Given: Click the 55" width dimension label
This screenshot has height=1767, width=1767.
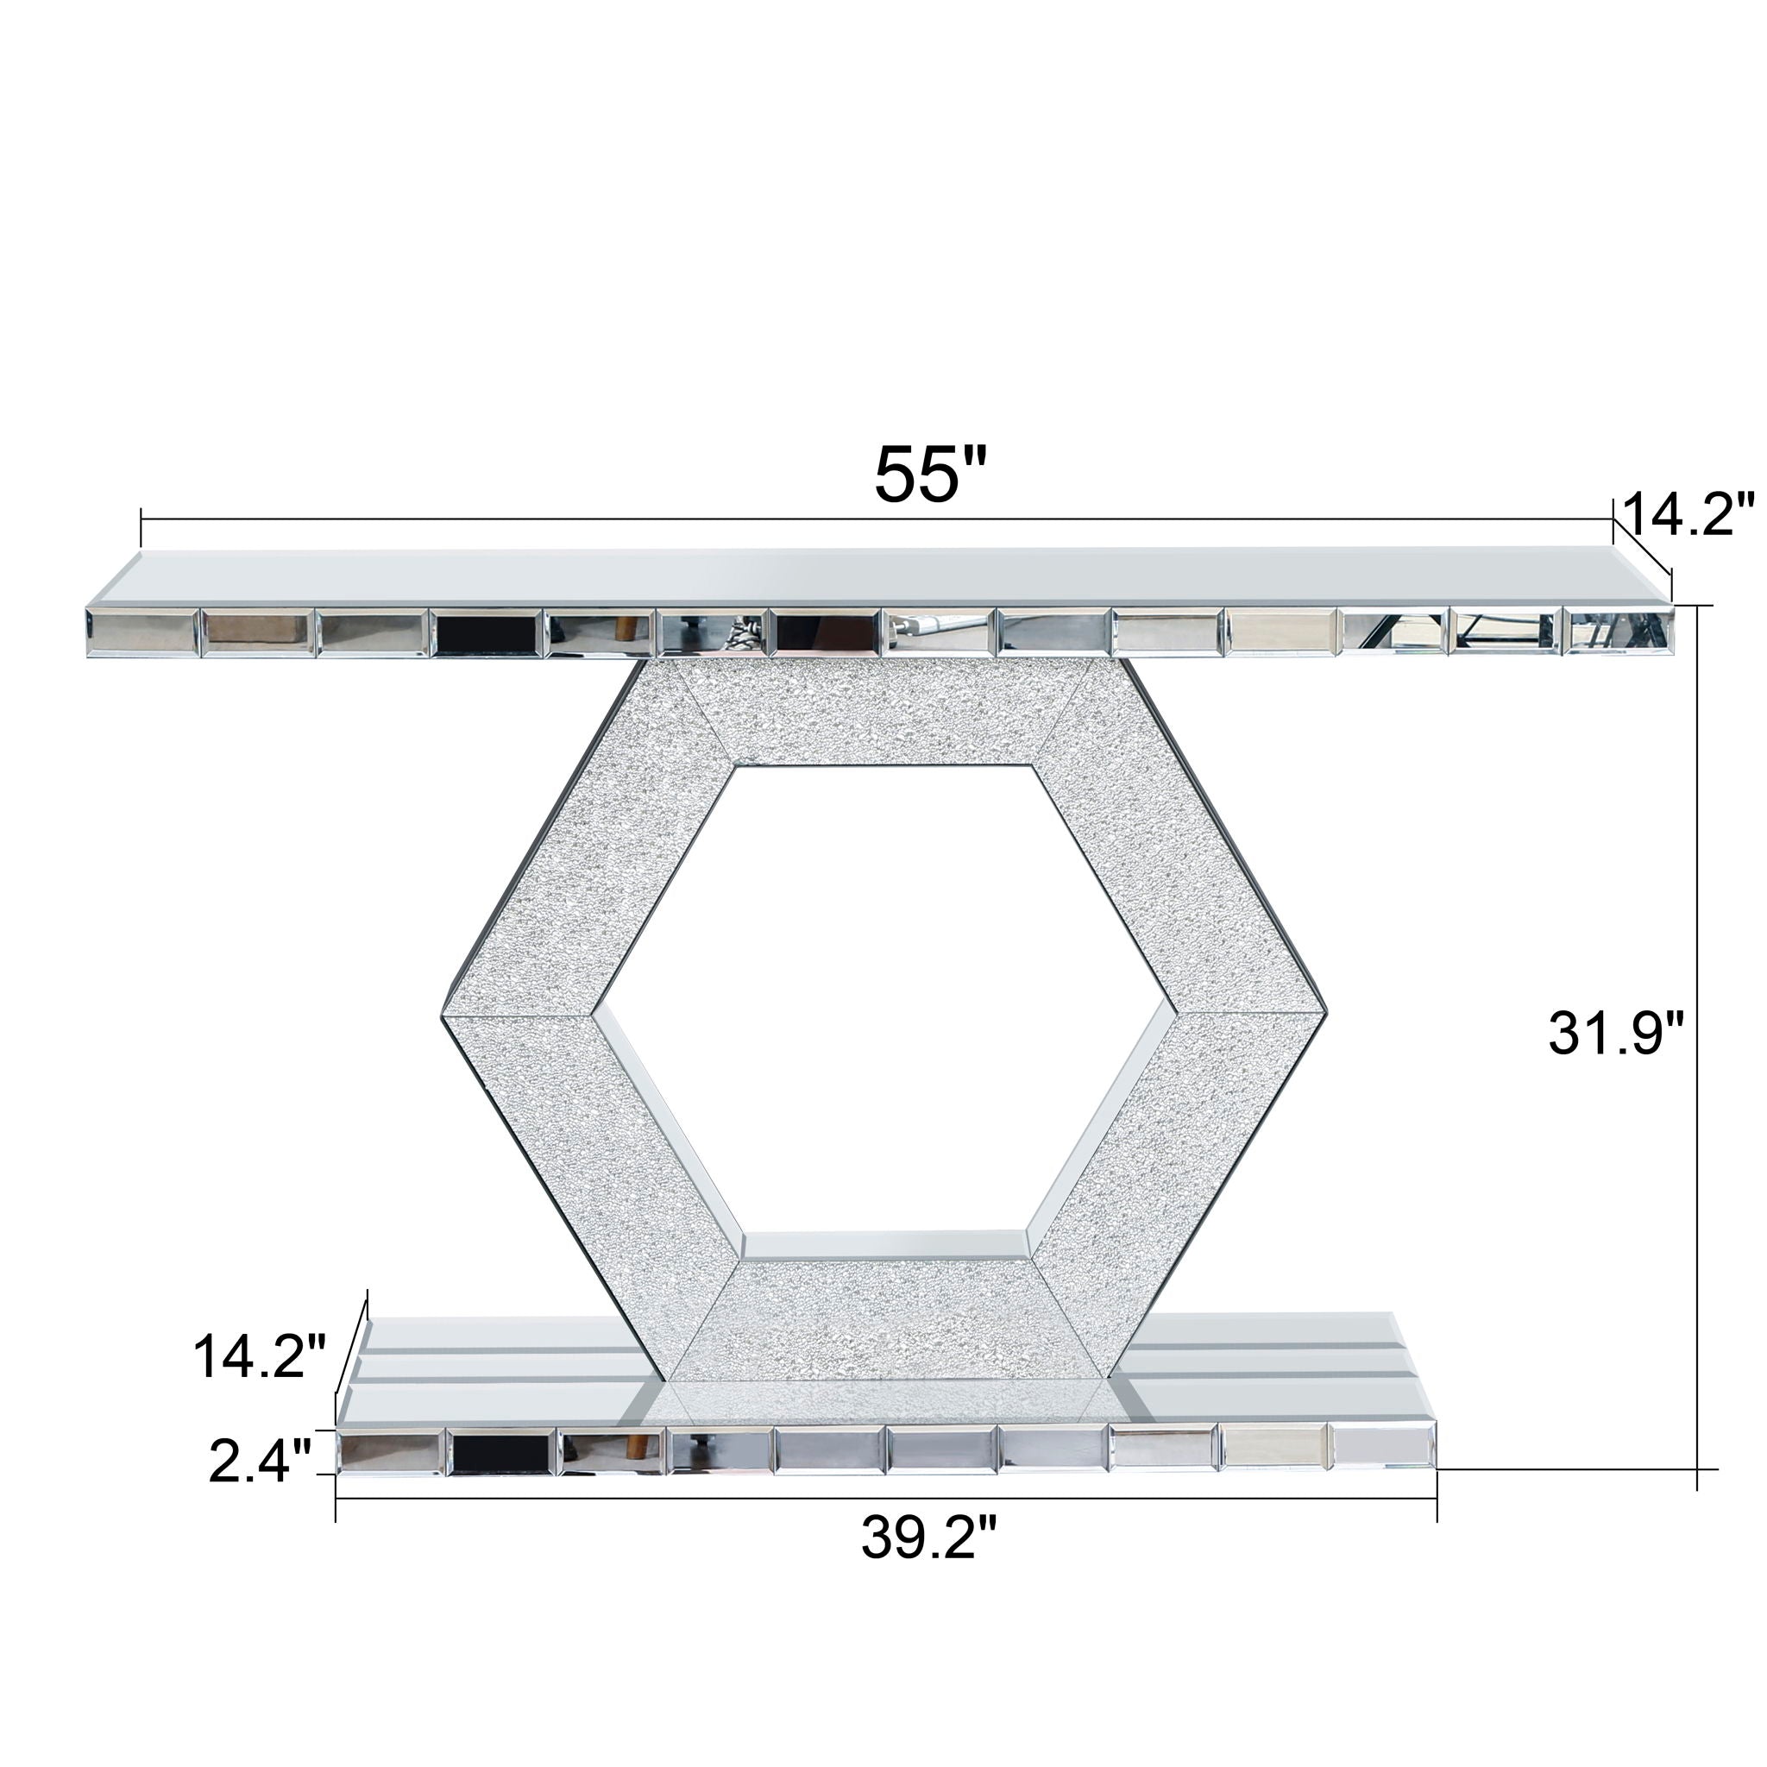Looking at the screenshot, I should click(x=930, y=473).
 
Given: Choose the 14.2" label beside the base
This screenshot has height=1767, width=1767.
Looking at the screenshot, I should click(x=259, y=1355).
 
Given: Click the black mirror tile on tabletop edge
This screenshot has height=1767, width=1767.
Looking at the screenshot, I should click(x=487, y=631).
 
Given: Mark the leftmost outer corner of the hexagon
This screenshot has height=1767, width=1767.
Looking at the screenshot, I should click(x=443, y=1016).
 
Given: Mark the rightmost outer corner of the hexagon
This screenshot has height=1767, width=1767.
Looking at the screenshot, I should click(x=1325, y=1016).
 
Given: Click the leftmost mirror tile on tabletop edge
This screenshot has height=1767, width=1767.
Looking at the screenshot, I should click(x=141, y=631).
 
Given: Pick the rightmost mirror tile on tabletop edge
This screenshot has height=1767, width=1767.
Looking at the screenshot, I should click(x=1619, y=631).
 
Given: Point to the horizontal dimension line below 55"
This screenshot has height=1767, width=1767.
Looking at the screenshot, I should click(x=640, y=519).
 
